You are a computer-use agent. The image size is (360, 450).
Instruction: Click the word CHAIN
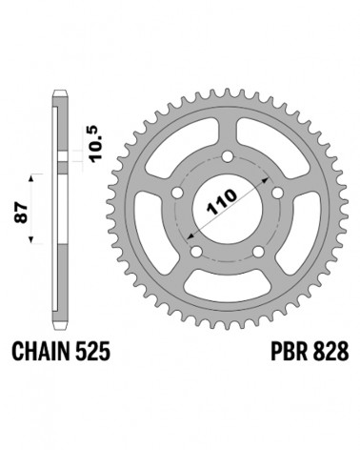pyautogui.click(x=41, y=352)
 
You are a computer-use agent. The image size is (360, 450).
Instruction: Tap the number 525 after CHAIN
pyautogui.click(x=93, y=352)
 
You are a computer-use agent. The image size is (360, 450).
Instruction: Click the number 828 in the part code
pyautogui.click(x=330, y=352)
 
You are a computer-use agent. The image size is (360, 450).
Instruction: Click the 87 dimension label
pyautogui.click(x=22, y=213)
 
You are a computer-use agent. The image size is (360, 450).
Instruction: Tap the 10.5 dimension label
pyautogui.click(x=98, y=144)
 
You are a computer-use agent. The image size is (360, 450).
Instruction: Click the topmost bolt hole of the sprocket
pyautogui.click(x=228, y=156)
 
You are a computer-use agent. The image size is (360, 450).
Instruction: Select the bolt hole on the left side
pyautogui.click(x=177, y=193)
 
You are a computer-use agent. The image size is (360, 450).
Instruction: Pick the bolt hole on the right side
pyautogui.click(x=278, y=193)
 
